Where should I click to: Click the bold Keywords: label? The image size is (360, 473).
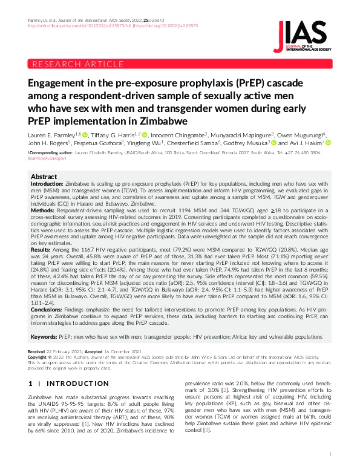(48, 336)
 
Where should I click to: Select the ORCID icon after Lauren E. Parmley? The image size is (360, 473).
(85, 134)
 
